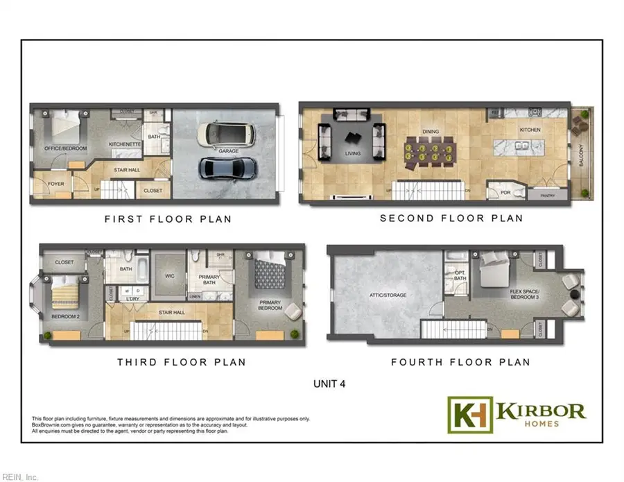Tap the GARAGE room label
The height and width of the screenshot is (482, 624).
[229, 151]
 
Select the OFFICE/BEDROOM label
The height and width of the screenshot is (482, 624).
[60, 148]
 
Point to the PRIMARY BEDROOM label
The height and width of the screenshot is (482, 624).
[270, 305]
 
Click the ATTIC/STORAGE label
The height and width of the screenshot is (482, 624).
[387, 295]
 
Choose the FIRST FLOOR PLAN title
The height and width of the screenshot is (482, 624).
[168, 219]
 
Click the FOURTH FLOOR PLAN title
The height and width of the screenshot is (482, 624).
[460, 362]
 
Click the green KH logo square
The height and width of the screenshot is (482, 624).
[469, 415]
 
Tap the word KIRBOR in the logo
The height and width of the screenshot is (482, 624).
[541, 410]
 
